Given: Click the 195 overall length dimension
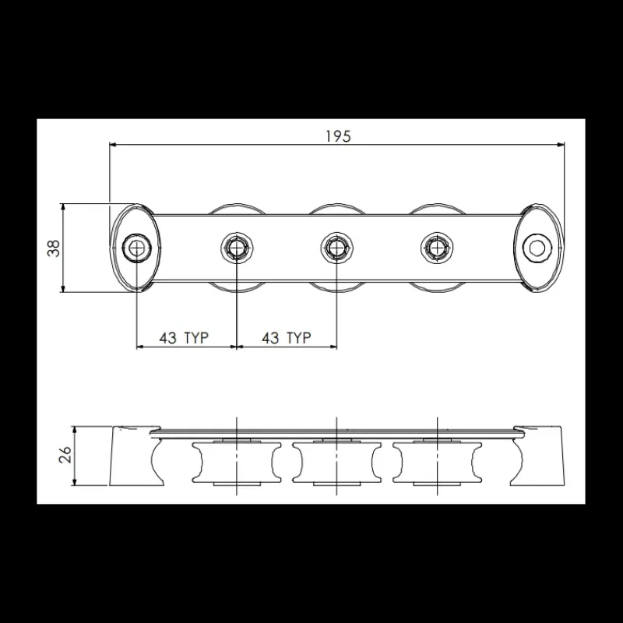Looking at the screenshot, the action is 339,136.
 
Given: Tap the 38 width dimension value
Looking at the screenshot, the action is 54,248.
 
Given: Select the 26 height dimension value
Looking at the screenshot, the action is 65,455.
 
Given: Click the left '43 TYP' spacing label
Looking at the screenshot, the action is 184,338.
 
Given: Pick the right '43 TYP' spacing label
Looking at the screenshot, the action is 287,338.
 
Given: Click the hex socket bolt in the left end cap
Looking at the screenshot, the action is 137,248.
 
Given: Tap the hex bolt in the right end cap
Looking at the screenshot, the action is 537,248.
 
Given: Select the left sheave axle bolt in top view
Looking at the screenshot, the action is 237,248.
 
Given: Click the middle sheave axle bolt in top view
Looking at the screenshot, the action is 337,248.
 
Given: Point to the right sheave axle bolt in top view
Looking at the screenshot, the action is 437,248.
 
